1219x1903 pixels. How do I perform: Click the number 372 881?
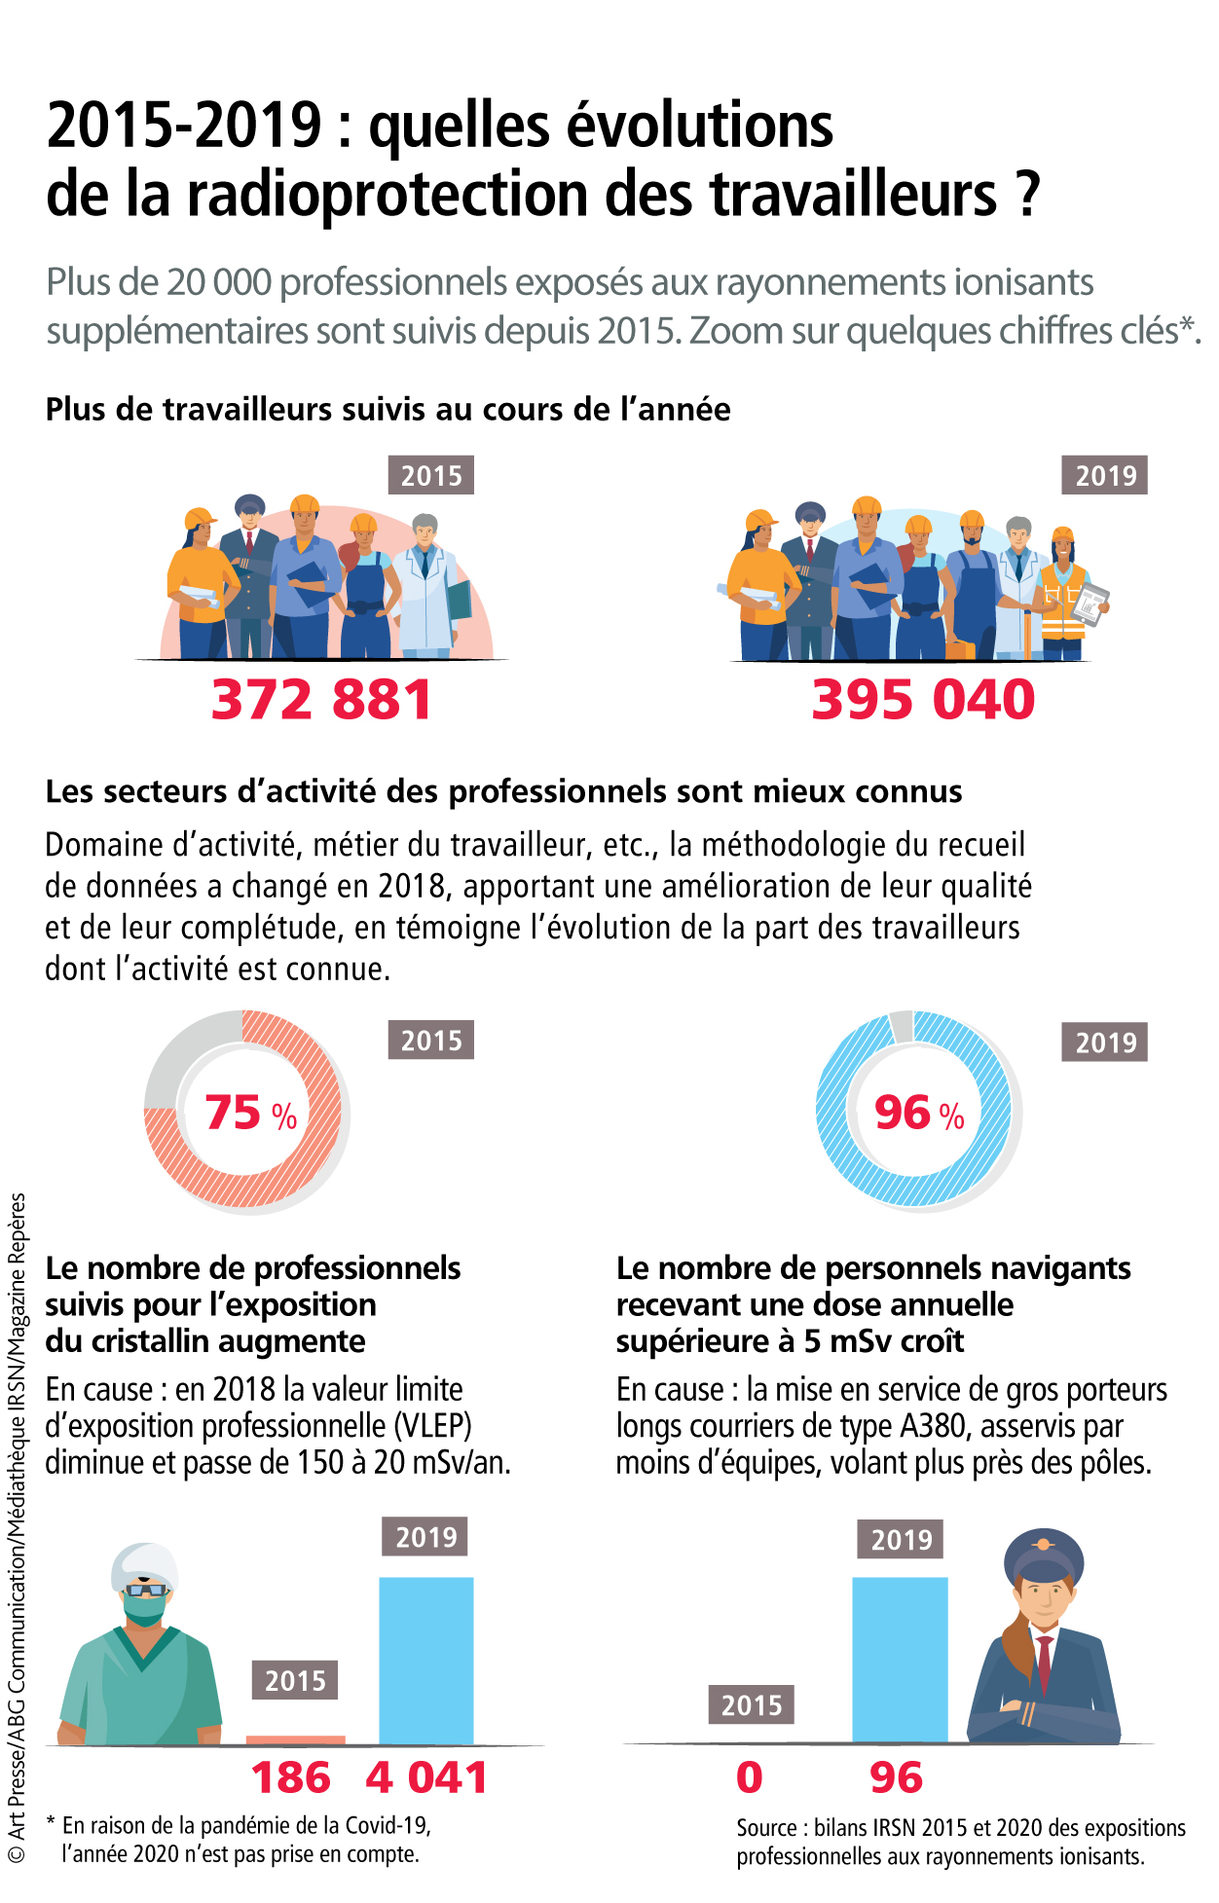(321, 700)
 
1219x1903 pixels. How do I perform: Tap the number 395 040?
(923, 700)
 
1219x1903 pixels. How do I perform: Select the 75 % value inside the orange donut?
(250, 1113)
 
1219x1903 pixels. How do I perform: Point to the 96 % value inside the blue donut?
(918, 1113)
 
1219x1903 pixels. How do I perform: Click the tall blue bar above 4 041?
(425, 1660)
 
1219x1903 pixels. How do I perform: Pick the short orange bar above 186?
(295, 1739)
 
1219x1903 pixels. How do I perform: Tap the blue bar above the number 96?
(900, 1660)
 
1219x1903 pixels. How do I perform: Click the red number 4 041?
(426, 1778)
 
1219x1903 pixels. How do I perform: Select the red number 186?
(291, 1778)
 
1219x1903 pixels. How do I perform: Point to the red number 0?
(750, 1778)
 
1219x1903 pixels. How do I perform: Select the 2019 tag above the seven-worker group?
(1105, 476)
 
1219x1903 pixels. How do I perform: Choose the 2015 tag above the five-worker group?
(431, 476)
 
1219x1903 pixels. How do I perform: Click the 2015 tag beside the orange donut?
(431, 1041)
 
